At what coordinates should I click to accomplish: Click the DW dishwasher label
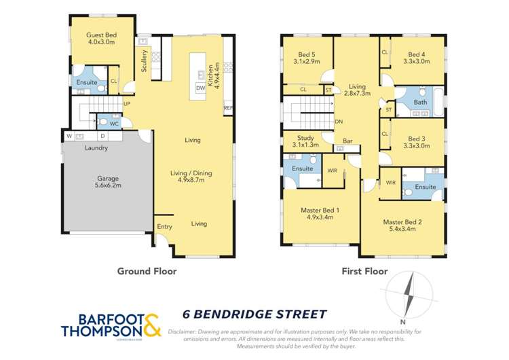[200, 88]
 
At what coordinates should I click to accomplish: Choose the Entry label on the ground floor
[164, 227]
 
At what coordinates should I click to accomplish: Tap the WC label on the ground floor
[114, 124]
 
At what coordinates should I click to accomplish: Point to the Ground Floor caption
[147, 271]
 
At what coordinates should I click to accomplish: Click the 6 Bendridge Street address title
[254, 314]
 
